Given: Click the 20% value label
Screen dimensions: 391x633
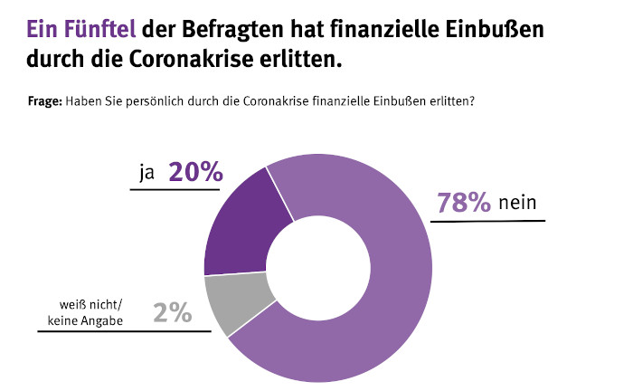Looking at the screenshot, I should [195, 173].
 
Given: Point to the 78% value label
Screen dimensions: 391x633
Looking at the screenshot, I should [463, 203].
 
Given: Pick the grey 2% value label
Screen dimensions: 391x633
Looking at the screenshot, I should [173, 312].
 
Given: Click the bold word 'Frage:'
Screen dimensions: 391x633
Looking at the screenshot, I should [45, 101].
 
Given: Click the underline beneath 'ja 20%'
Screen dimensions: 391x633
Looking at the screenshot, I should [175, 190].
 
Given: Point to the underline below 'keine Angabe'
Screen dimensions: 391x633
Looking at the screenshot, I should [123, 331].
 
